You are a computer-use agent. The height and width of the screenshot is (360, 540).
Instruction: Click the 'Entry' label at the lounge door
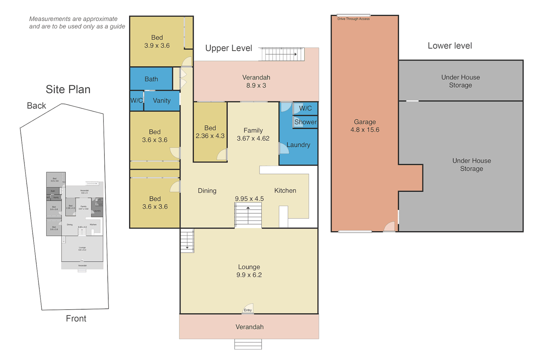point(248,310)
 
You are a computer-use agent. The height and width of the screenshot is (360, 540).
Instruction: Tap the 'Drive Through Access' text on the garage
point(353,19)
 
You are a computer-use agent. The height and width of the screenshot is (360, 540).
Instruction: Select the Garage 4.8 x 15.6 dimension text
point(365,130)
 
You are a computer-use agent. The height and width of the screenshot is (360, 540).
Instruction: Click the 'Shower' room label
point(305,122)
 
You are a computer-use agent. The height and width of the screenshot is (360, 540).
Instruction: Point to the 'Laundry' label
point(298,145)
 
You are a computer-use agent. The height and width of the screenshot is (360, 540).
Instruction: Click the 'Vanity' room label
point(162,101)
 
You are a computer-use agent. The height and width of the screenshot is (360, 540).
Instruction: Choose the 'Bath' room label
point(151,79)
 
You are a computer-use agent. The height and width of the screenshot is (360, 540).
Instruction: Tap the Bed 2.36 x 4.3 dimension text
point(210,136)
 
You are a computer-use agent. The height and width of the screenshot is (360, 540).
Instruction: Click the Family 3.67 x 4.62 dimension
point(253,138)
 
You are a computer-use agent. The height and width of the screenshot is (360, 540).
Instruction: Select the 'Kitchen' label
point(285,191)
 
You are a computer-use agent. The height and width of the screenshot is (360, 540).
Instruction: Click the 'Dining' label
point(207,191)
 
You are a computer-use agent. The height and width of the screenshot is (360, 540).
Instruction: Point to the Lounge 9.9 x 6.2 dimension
point(249,275)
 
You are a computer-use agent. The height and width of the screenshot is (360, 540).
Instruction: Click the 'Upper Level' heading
point(229,48)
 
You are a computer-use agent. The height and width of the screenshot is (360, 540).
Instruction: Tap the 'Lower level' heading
point(450,46)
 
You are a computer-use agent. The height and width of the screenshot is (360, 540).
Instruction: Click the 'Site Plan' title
point(68,89)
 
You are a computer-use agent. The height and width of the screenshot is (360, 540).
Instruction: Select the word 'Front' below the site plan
point(76,319)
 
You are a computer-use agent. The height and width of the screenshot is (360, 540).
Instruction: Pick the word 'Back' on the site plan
point(36,106)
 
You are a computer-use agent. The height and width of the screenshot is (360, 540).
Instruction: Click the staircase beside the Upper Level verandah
point(283,54)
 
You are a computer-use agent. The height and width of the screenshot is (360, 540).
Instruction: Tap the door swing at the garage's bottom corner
point(389,227)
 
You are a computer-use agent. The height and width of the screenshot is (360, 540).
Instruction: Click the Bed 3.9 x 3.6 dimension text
point(157,46)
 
